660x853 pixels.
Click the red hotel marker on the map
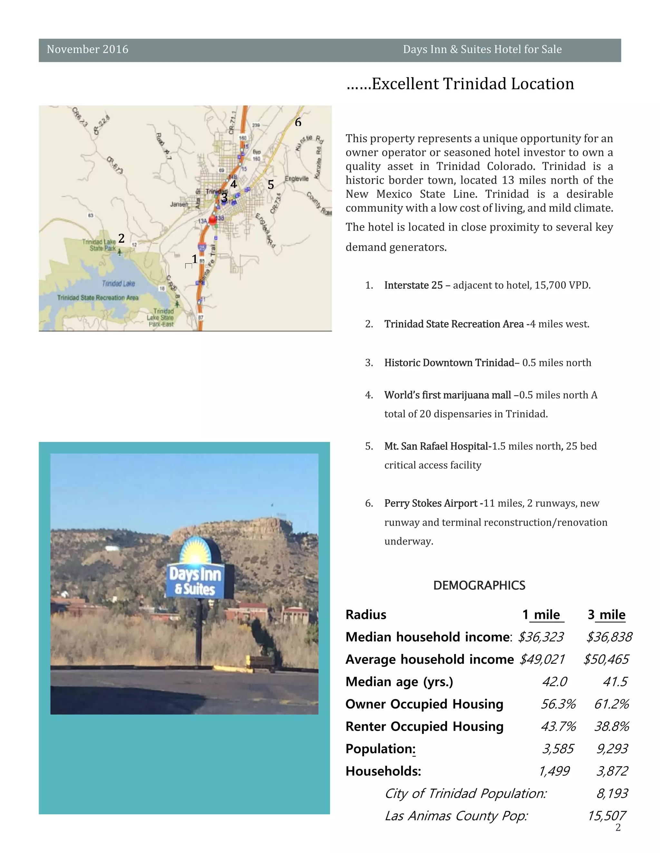point(213,220)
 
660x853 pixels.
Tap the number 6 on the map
point(298,122)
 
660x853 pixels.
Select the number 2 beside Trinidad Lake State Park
point(121,238)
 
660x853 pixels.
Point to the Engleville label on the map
point(296,179)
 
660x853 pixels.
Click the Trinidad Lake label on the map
point(119,284)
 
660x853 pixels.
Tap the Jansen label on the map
point(179,204)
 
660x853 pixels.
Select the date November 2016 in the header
point(88,50)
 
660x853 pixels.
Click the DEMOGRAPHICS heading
point(479,586)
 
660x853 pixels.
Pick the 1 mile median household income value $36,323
point(541,637)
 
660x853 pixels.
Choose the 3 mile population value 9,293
point(612,749)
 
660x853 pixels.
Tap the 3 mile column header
point(607,615)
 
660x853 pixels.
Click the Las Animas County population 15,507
point(607,816)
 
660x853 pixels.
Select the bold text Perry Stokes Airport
point(431,503)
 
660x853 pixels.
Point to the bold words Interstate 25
point(413,285)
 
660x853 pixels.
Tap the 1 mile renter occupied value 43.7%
point(558,726)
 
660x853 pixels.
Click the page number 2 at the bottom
point(618,827)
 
